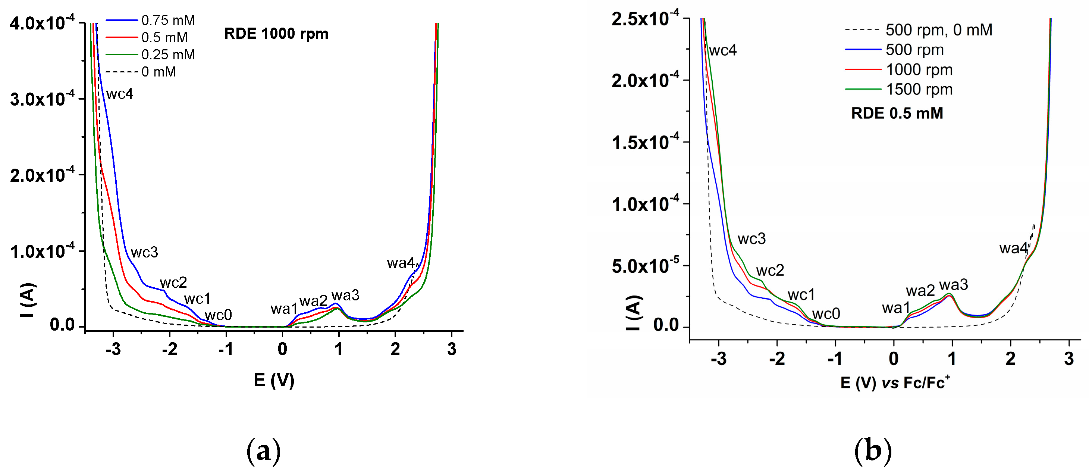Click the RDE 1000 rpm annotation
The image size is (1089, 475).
tap(276, 34)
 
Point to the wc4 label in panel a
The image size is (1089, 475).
tap(120, 94)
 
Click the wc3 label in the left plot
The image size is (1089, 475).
tap(144, 253)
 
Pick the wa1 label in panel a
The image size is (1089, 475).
tap(284, 309)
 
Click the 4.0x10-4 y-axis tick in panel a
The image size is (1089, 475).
tap(42, 23)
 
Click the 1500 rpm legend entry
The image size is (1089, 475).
tap(919, 89)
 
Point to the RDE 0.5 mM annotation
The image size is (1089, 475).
tap(897, 113)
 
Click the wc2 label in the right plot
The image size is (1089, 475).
tap(770, 270)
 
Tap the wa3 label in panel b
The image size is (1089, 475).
tap(954, 285)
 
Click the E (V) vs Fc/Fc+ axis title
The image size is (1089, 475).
tap(895, 382)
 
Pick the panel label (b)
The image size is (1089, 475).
tap(873, 451)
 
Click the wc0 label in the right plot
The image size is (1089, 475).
tap(826, 314)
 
